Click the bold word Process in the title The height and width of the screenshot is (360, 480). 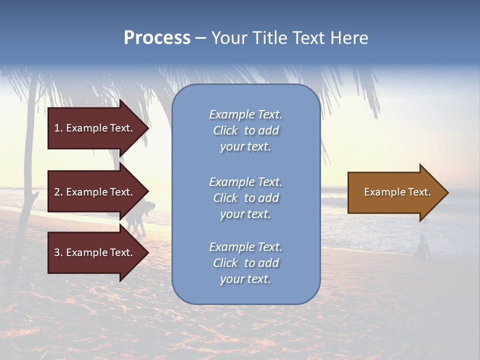point(157,38)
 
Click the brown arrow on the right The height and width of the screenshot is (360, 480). point(395,192)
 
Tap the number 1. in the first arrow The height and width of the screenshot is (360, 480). point(58,128)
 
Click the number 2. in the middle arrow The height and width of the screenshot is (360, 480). point(58,192)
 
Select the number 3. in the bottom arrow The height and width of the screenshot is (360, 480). point(58,252)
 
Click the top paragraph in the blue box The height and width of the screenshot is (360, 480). point(245,130)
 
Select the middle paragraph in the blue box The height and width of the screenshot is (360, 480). point(245,198)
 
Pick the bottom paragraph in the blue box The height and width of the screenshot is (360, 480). point(245,263)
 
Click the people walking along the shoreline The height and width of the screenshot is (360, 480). point(136,217)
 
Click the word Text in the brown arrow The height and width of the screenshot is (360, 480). point(419,192)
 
